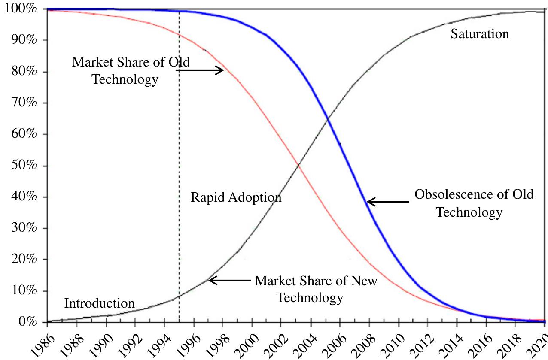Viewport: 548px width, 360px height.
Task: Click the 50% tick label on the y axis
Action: pos(21,166)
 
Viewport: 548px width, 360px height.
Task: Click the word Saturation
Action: pos(479,34)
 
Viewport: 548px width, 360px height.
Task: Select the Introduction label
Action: pos(99,303)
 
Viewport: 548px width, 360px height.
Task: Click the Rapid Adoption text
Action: pos(236,197)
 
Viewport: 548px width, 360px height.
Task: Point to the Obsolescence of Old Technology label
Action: pos(473,203)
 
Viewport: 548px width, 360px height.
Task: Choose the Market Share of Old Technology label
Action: pos(130,70)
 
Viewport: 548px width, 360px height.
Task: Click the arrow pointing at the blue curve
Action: pos(387,202)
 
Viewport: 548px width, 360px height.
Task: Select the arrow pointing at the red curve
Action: pos(200,70)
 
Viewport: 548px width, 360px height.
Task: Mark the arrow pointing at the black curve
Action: pos(229,281)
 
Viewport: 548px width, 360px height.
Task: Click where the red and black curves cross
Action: pos(297,164)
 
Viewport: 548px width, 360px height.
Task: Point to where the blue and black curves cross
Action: pos(328,119)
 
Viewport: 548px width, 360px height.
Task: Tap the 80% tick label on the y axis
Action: pos(21,72)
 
